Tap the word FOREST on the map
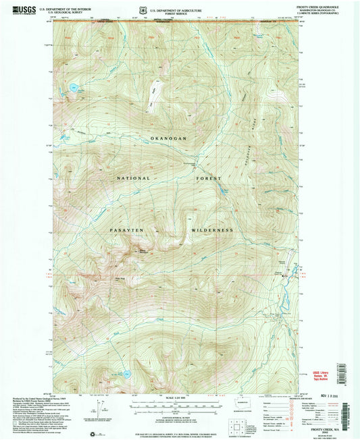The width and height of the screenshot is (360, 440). coord(209,179)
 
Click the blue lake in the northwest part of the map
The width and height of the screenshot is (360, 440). coord(72,87)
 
